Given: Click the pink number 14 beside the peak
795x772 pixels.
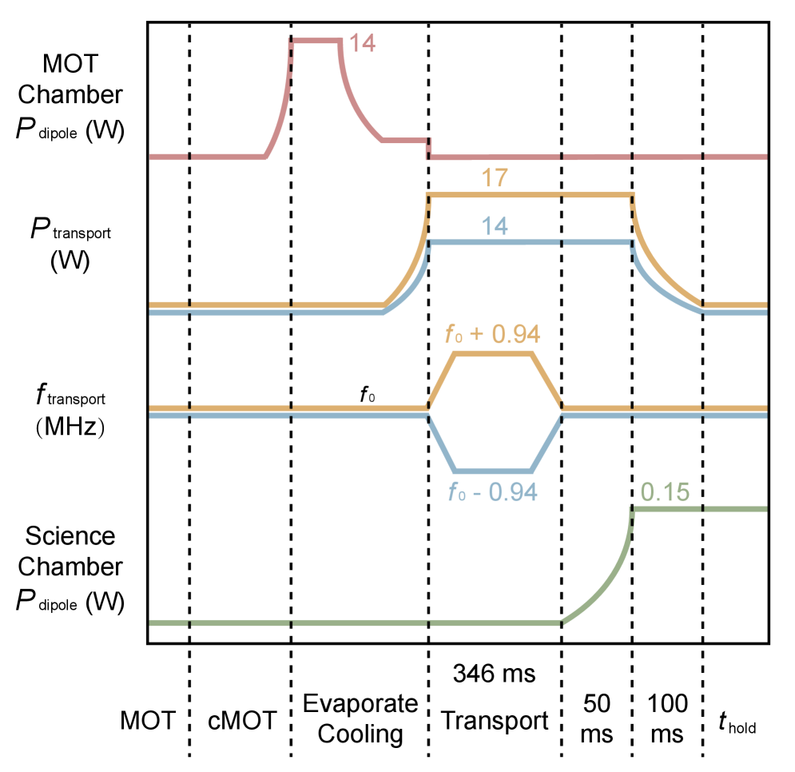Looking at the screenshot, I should (362, 43).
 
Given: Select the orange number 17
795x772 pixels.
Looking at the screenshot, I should (495, 178).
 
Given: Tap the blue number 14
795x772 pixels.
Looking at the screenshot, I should (495, 226).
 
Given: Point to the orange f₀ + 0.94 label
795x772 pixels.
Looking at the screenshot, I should (492, 334).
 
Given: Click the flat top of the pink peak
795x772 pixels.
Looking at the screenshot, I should (316, 40).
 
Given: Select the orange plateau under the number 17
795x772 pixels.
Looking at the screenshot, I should (527, 195).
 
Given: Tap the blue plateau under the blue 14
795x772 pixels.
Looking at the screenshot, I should (527, 241).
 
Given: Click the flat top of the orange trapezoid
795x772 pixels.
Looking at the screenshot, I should (492, 352).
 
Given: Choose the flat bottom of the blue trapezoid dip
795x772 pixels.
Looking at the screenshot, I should (492, 470).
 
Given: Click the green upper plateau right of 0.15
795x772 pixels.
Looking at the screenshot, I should (719, 509).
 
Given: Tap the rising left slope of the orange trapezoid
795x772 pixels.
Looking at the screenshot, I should (442, 380).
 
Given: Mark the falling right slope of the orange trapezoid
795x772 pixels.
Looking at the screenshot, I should (547, 380).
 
